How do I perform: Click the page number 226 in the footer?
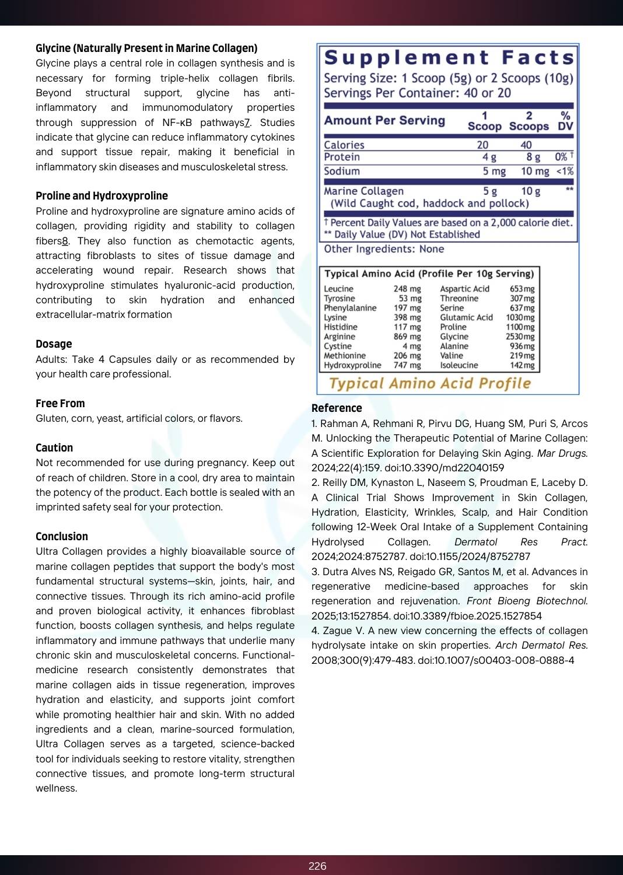click(x=317, y=866)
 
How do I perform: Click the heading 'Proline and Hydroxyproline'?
click(x=101, y=196)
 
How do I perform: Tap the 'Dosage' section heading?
click(x=54, y=344)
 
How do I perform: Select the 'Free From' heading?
click(x=60, y=404)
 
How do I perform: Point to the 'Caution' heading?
click(x=54, y=448)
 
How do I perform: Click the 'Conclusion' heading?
click(x=62, y=537)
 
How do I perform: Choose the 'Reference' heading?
click(x=337, y=408)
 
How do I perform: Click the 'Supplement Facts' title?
click(x=449, y=58)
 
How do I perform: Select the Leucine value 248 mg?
click(x=407, y=289)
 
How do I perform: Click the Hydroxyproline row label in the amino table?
click(x=352, y=365)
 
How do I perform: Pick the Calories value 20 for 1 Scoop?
click(x=482, y=145)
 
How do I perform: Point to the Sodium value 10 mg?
click(x=535, y=171)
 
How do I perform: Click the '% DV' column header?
click(x=565, y=121)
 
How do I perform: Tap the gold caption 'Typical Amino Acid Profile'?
click(x=430, y=383)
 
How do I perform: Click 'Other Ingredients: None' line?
click(x=384, y=249)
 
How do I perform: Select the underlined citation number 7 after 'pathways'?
click(x=247, y=123)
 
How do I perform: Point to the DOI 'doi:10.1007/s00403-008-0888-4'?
click(x=496, y=660)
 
